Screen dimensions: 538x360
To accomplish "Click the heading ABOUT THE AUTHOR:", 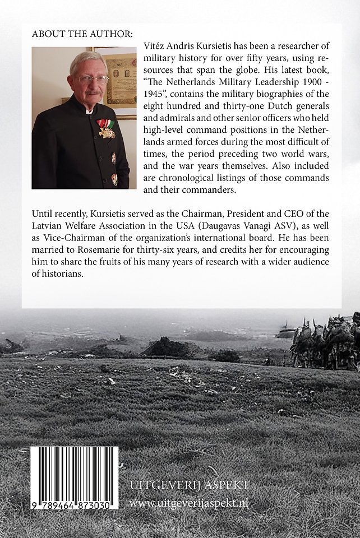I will (x=82, y=34).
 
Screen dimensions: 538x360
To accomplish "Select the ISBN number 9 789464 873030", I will (x=74, y=504).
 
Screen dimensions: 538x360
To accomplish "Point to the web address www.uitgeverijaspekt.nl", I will (x=189, y=503).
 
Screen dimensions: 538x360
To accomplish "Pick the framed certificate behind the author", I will (x=121, y=81).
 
